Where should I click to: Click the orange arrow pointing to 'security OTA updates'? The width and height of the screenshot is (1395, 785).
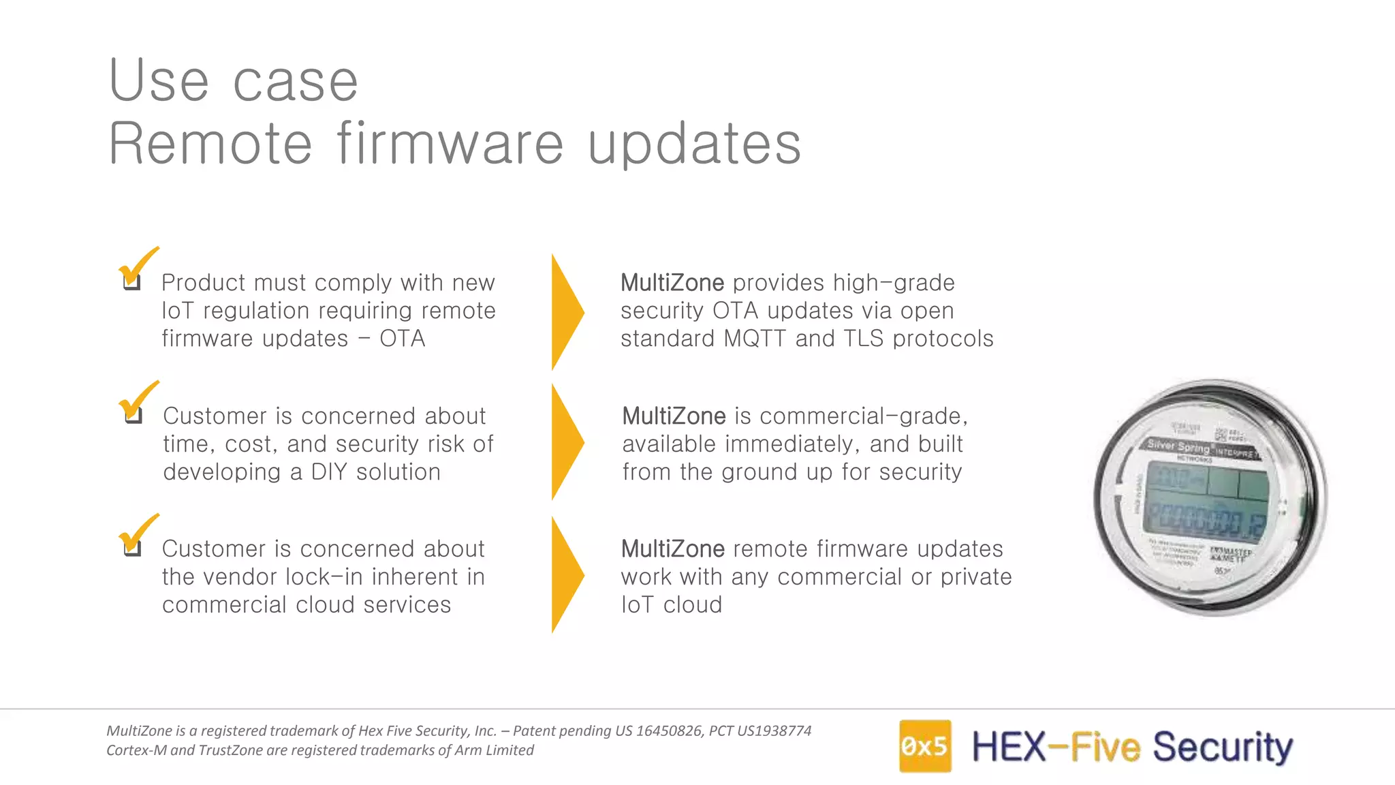point(566,311)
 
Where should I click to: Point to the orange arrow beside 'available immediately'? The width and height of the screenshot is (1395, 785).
point(566,442)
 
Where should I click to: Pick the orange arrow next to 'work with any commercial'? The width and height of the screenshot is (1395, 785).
point(566,575)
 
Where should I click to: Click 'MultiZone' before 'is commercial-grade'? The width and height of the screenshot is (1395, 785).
point(674,416)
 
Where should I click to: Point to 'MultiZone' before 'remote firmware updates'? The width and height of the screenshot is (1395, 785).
point(672,549)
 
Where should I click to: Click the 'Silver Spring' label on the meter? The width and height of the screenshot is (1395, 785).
point(1178,446)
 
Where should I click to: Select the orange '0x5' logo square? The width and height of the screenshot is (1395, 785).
point(924,746)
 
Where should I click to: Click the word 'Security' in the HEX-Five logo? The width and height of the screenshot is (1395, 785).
point(1222,747)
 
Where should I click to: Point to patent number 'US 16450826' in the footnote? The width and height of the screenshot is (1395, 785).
point(658,731)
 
